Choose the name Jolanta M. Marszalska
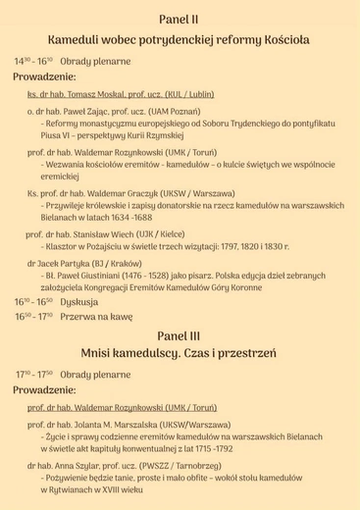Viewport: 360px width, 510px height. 133,426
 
